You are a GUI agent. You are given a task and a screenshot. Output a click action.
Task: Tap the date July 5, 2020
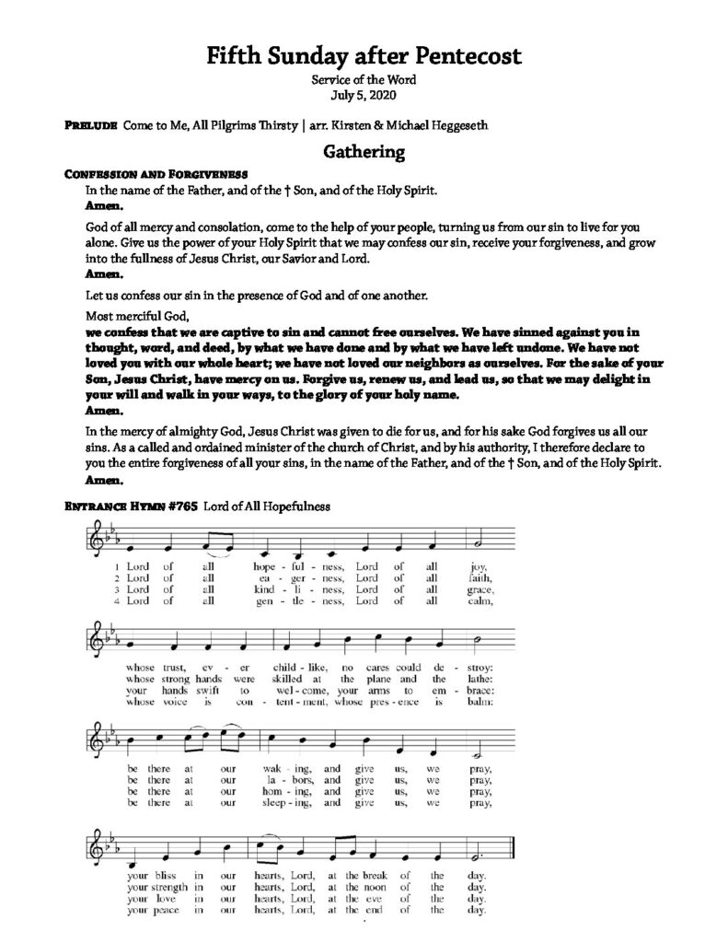click(x=364, y=95)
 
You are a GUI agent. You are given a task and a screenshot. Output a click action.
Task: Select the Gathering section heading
click(x=364, y=152)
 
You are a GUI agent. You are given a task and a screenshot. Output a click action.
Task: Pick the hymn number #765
click(x=170, y=506)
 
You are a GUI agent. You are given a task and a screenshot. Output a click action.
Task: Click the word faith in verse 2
click(x=479, y=578)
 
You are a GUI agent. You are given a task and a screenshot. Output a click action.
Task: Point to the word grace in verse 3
click(x=480, y=589)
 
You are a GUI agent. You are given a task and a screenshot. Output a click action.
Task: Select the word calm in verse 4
click(x=480, y=601)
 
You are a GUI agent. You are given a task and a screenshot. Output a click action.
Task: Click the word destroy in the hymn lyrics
click(x=477, y=665)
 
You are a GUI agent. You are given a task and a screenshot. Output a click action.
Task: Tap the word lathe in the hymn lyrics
click(x=479, y=677)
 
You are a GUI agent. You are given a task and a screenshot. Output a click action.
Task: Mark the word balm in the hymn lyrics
click(x=480, y=700)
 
